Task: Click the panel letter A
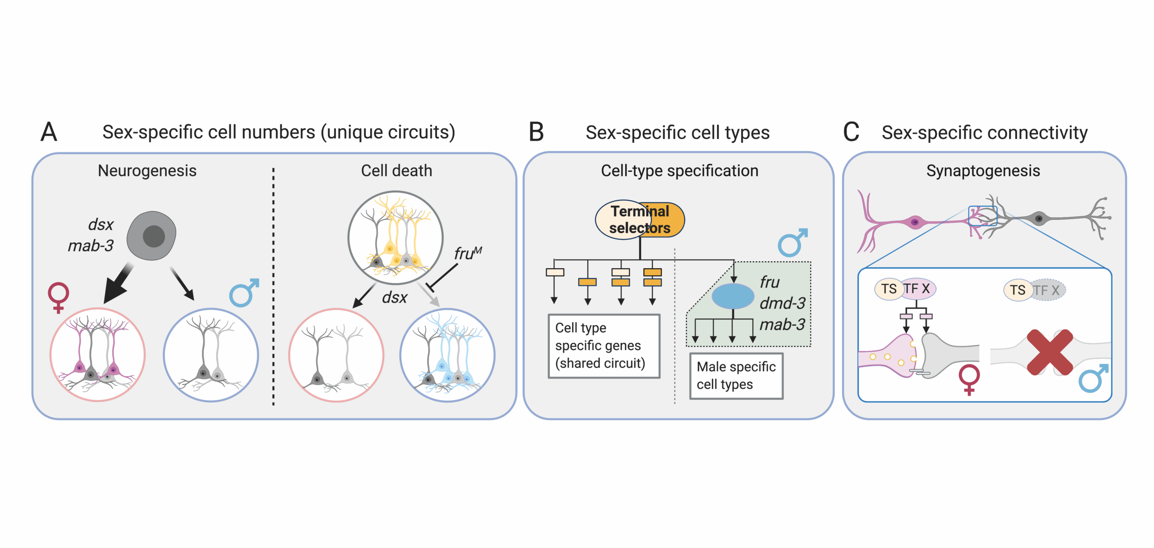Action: [x=49, y=132]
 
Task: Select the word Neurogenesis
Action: [x=147, y=171]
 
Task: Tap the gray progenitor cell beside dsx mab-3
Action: [x=151, y=236]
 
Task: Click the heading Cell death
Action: [x=396, y=171]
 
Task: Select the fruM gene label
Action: [x=467, y=253]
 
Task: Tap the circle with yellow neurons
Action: [x=395, y=238]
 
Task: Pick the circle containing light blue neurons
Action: [x=447, y=355]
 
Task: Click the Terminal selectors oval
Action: [x=640, y=220]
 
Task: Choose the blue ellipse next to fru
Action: [x=733, y=296]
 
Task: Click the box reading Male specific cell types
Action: [x=736, y=376]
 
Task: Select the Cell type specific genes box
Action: [x=604, y=346]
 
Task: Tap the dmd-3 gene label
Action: [x=782, y=303]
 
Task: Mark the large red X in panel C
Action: [x=1049, y=352]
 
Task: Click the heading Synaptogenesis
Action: [x=983, y=171]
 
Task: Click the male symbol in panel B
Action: [x=792, y=243]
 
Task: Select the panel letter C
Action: [x=851, y=132]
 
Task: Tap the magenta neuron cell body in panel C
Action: [x=915, y=222]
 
